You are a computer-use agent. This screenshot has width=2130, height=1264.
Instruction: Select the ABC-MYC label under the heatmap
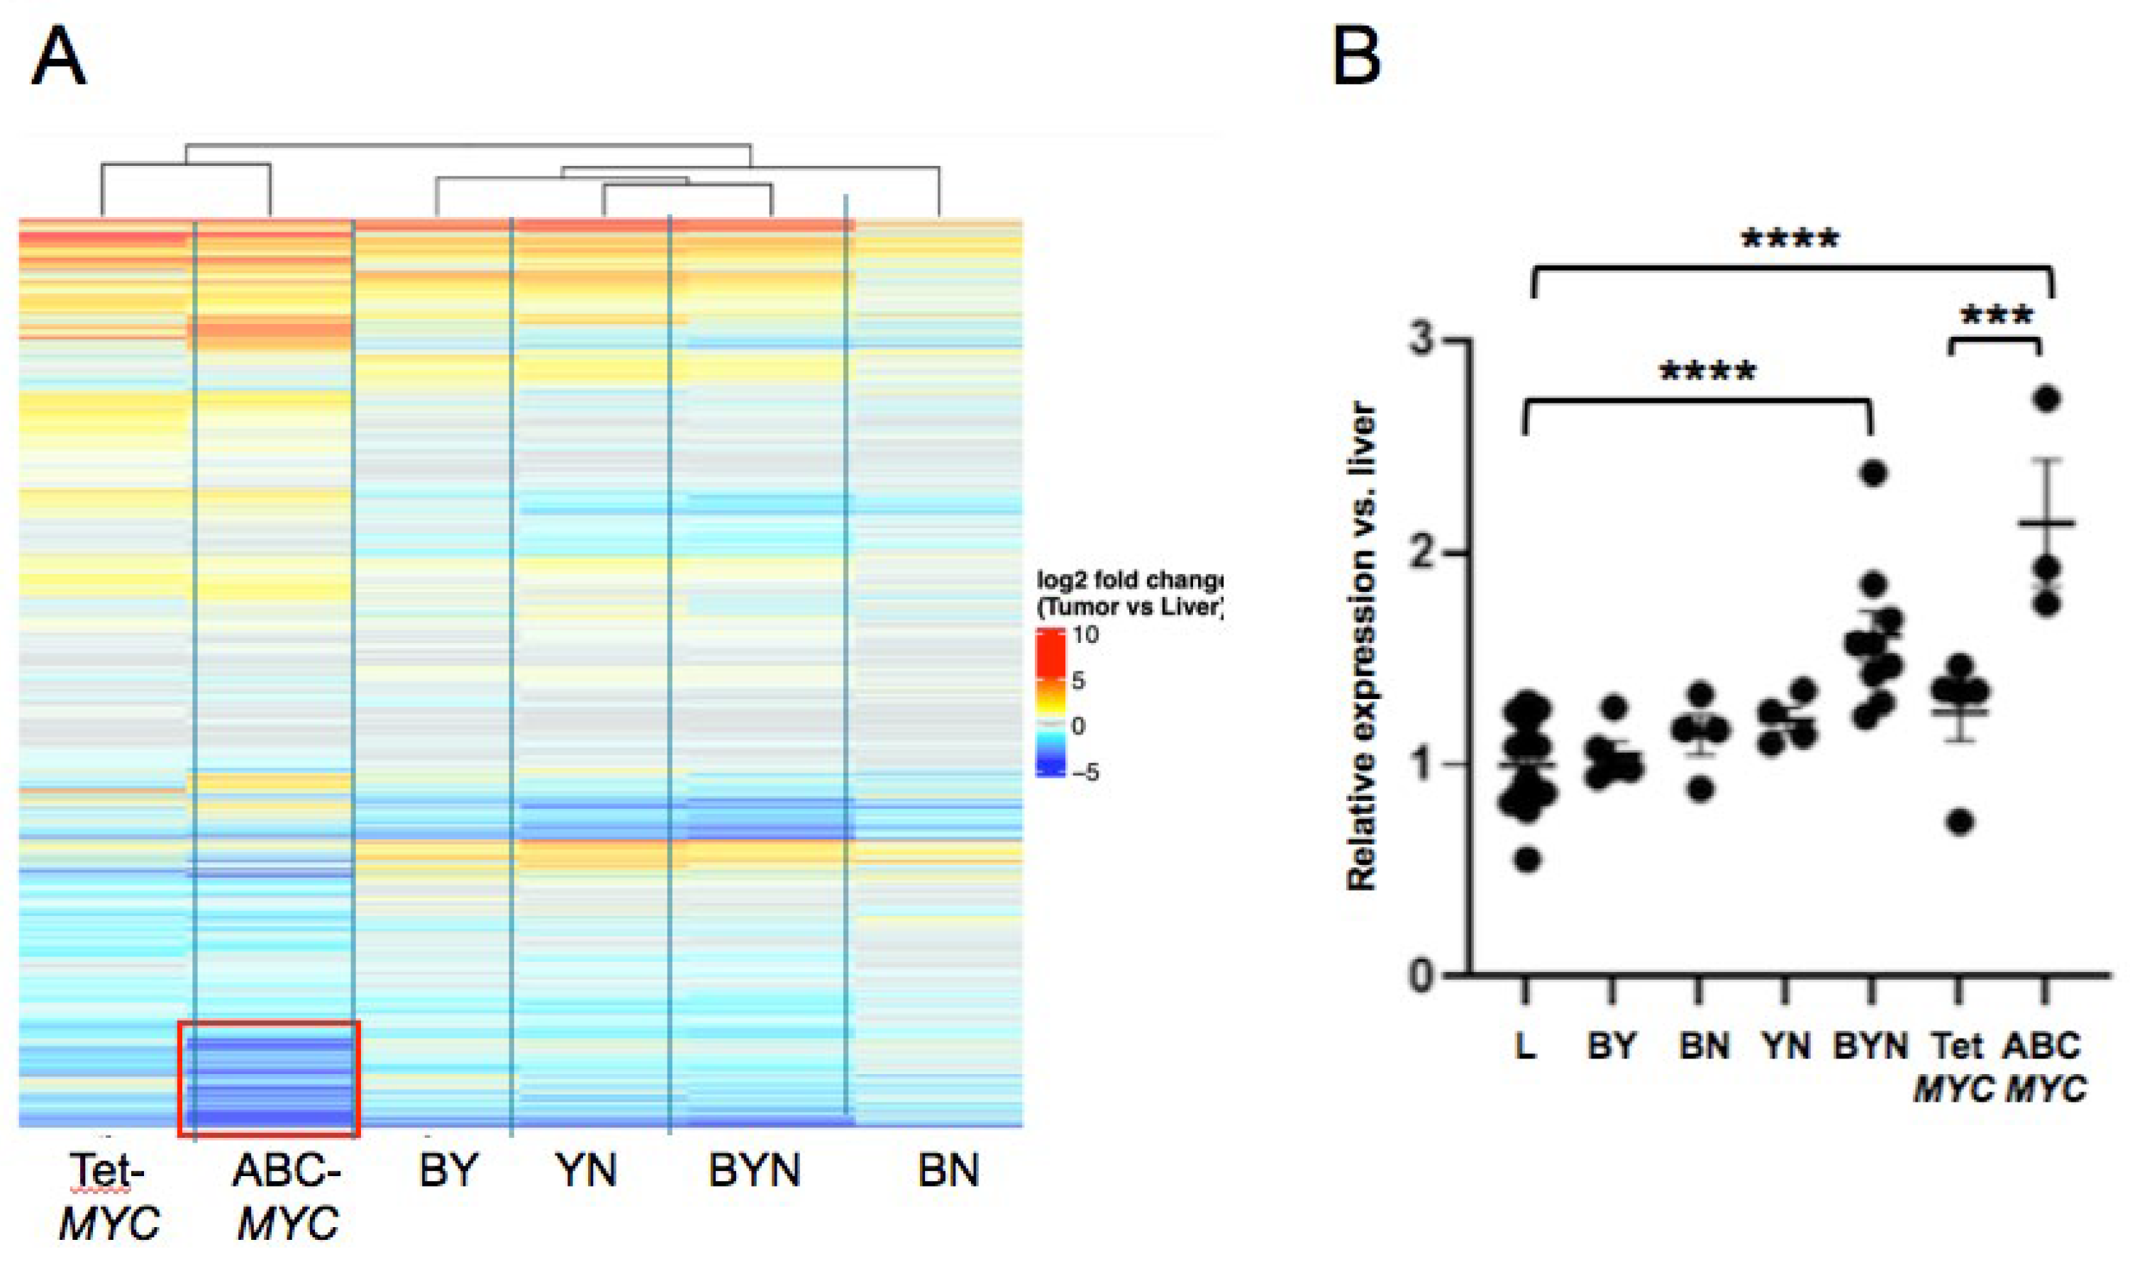287,1197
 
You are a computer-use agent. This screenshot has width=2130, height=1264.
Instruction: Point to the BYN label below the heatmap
754,1171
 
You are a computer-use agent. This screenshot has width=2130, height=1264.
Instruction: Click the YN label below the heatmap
586,1171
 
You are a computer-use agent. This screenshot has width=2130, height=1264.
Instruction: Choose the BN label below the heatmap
948,1171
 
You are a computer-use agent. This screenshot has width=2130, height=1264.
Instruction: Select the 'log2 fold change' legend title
1129,581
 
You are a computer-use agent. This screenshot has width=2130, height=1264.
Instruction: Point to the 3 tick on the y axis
1424,340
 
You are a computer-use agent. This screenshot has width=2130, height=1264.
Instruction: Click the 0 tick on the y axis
1424,973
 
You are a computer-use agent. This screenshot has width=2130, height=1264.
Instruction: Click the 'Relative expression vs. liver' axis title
1362,647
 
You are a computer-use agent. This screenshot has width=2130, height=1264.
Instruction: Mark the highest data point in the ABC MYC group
2046,398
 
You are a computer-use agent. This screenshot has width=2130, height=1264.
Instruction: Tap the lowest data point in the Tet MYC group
1960,822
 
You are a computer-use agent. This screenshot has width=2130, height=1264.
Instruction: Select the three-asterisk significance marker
1996,317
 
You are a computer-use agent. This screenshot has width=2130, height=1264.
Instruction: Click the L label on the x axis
1526,1046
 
